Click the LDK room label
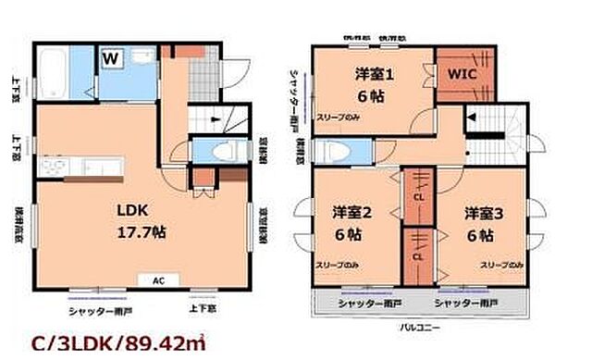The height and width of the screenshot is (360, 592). click(x=131, y=208)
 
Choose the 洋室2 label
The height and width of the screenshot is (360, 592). click(x=351, y=213)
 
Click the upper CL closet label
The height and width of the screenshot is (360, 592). click(x=418, y=195)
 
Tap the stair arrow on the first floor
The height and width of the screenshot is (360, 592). click(x=213, y=118)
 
